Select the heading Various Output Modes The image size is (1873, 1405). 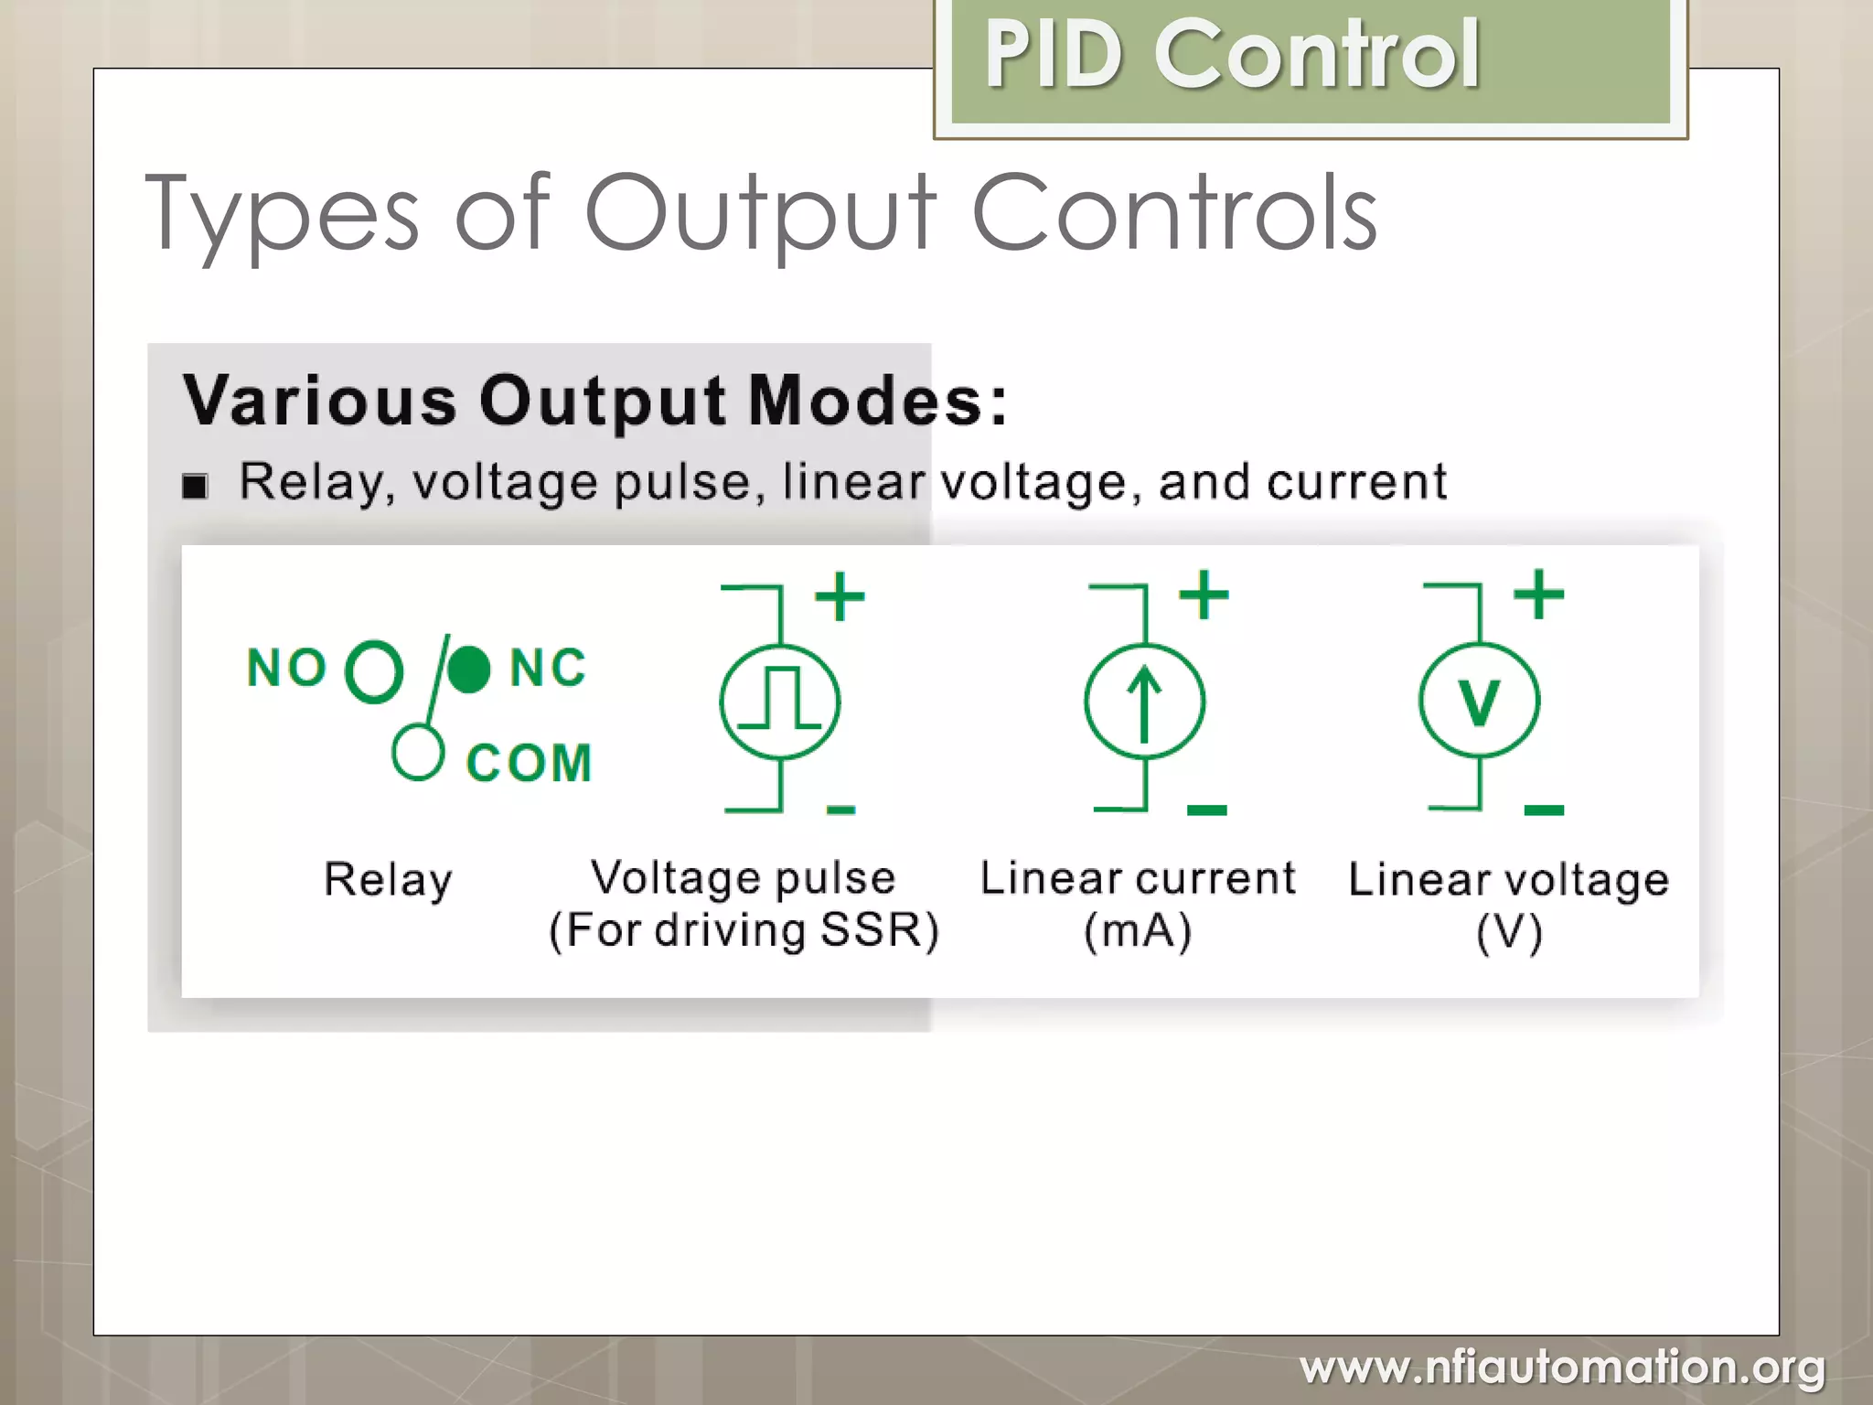click(x=594, y=401)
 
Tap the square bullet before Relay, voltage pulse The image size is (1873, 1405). click(x=195, y=486)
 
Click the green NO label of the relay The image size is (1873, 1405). click(x=286, y=668)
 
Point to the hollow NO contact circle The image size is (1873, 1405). click(x=373, y=671)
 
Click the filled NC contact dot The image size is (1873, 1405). click(x=469, y=669)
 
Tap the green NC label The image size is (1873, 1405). click(x=548, y=668)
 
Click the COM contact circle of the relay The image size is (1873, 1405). click(x=418, y=753)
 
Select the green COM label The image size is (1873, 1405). click(x=529, y=763)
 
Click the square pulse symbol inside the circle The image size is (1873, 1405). click(x=780, y=698)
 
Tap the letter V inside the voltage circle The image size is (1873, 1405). click(x=1479, y=702)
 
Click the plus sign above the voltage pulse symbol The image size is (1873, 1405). click(x=840, y=596)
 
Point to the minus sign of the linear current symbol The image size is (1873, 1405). click(x=1206, y=810)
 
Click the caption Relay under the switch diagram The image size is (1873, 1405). click(x=388, y=879)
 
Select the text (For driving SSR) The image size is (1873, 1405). click(x=744, y=930)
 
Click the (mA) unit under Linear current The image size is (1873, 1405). click(x=1138, y=931)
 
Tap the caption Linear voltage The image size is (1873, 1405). click(x=1508, y=879)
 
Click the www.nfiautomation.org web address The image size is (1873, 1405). click(x=1562, y=1367)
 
